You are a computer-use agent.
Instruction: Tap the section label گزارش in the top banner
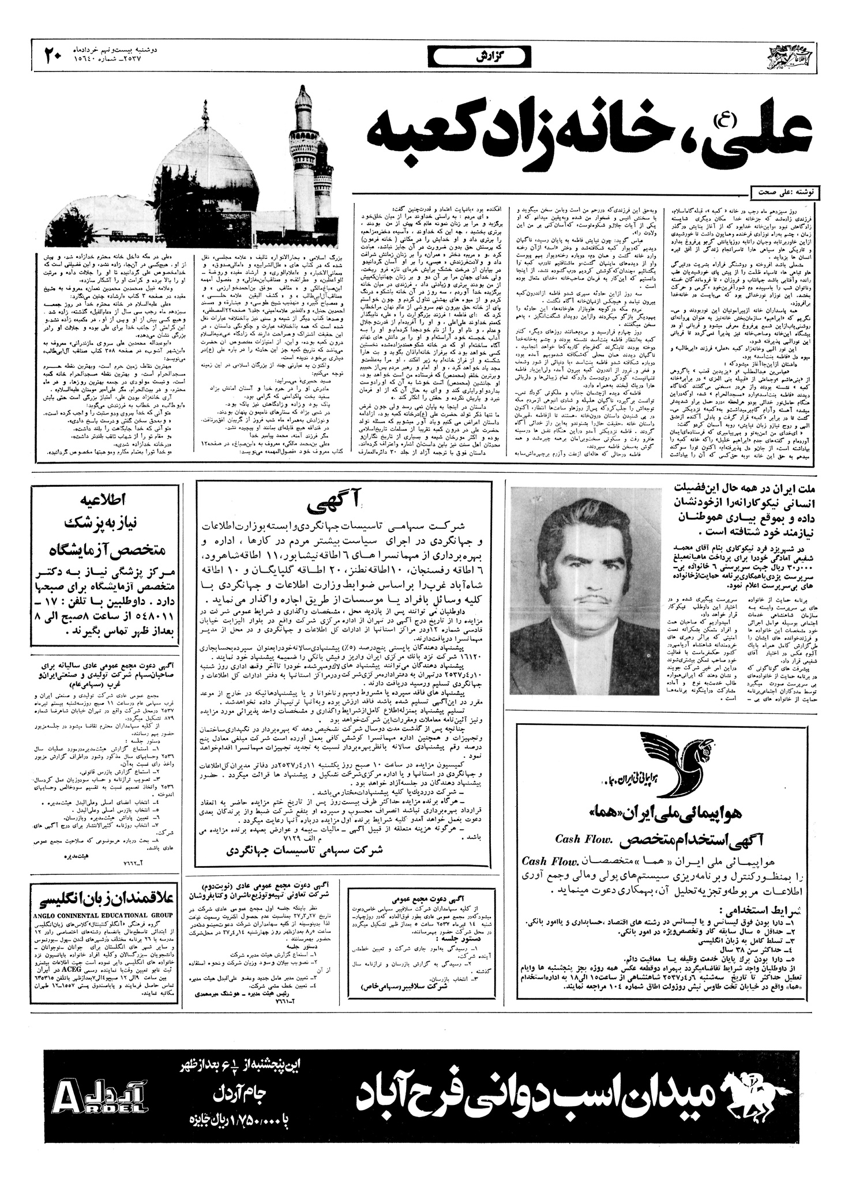click(478, 57)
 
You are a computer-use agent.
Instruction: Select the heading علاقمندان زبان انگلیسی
click(104, 901)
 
